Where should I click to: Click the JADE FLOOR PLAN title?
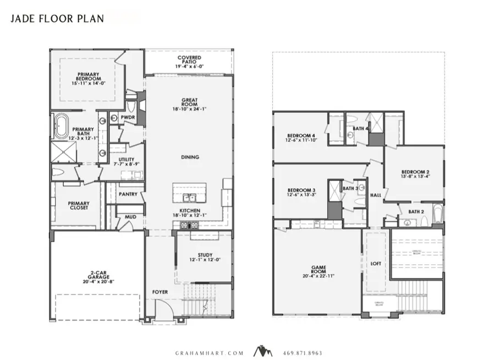click(57, 18)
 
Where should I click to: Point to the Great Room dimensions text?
click(190, 108)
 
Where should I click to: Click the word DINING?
click(190, 157)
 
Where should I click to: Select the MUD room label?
click(130, 217)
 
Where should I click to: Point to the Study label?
click(205, 255)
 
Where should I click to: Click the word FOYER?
click(160, 292)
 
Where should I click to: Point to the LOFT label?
click(376, 264)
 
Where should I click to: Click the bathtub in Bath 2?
click(437, 215)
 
